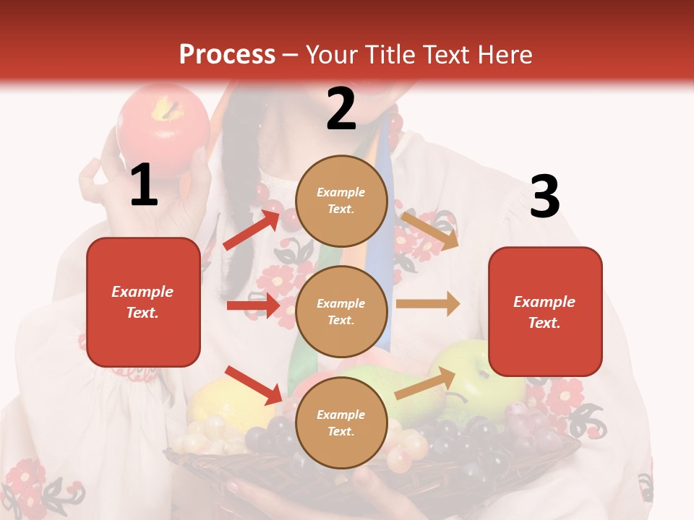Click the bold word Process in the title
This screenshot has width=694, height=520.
(227, 55)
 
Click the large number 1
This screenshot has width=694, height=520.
(144, 185)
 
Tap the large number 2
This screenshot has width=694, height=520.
(341, 109)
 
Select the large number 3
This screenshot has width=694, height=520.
(544, 196)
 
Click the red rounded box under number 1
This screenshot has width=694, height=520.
(143, 302)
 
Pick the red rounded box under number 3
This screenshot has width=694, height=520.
(545, 311)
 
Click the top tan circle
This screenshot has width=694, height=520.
(341, 201)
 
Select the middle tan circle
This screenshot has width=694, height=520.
(341, 311)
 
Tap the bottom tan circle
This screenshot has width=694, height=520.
(341, 422)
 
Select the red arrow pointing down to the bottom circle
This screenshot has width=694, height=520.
(253, 385)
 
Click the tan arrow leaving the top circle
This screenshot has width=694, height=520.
(429, 230)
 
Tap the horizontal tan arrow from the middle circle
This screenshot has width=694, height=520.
(428, 304)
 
